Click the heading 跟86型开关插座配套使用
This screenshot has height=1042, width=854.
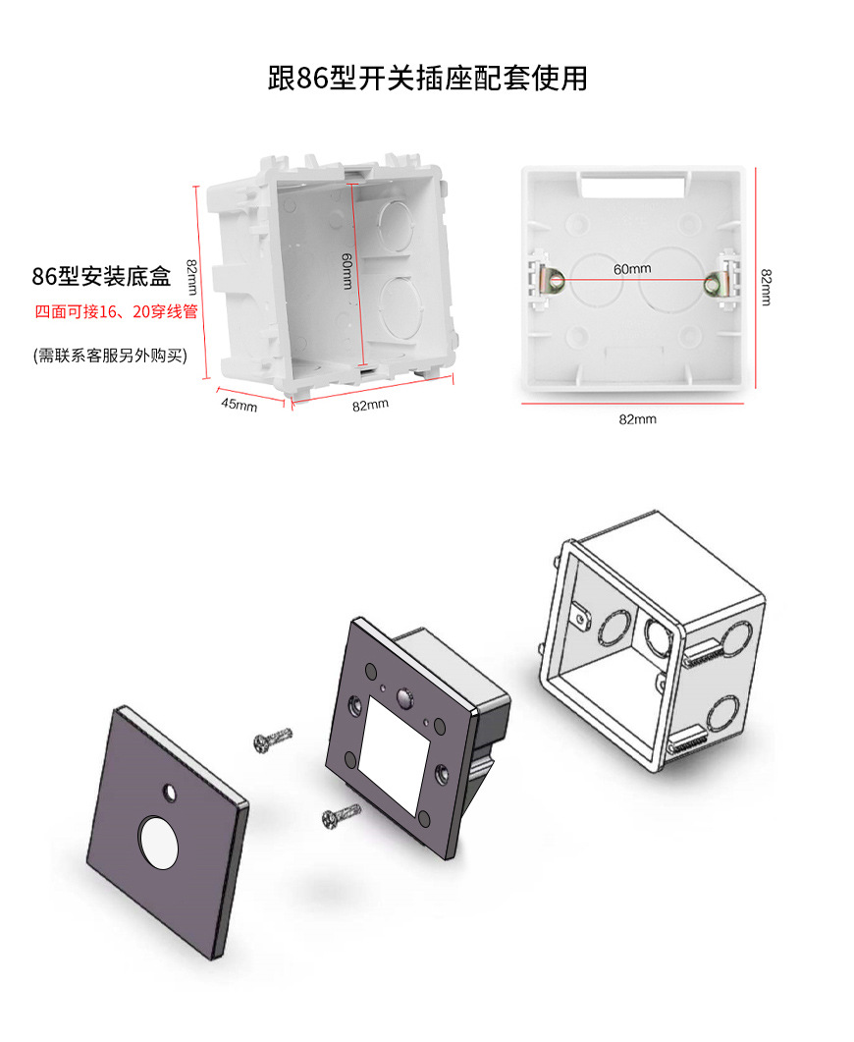pos(427,78)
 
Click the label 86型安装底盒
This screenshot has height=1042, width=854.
pos(101,277)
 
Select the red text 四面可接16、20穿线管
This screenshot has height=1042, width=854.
pos(117,313)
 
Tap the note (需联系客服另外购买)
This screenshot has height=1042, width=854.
pos(110,355)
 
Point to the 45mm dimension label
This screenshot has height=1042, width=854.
pos(239,404)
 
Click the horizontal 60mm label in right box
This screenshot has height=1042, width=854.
pos(632,268)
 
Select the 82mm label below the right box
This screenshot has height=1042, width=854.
pos(637,419)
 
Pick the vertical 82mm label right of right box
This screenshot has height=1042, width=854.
pos(766,287)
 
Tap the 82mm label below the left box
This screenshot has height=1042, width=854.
pos(371,405)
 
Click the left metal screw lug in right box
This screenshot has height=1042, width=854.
pos(553,281)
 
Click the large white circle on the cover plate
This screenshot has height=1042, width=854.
pos(160,842)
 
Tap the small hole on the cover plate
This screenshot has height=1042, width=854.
pos(171,791)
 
